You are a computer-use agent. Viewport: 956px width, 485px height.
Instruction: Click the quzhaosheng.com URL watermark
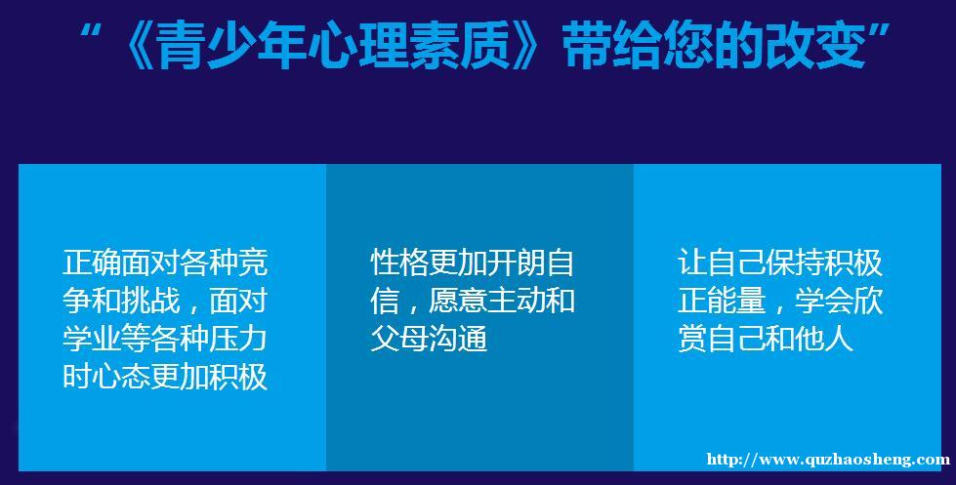pos(829,460)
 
